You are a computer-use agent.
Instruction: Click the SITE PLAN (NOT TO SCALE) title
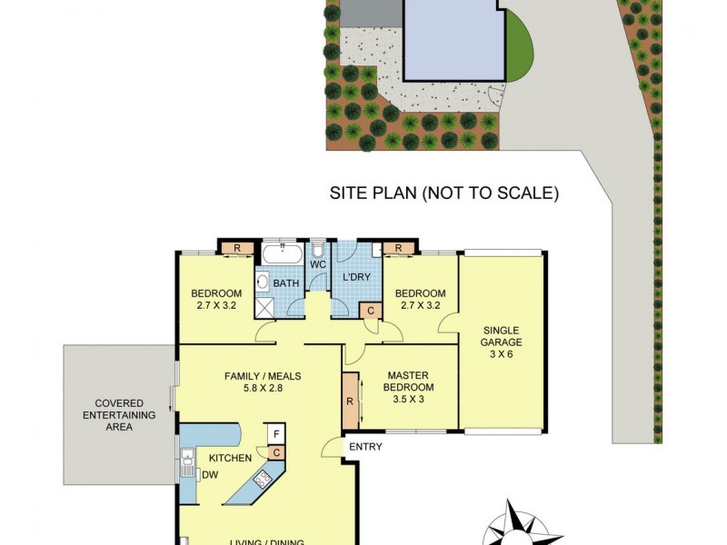443,193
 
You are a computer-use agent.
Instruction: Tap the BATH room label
287,284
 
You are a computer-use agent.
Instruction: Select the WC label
317,264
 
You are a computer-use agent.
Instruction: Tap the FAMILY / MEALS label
263,382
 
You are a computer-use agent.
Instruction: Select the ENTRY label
364,445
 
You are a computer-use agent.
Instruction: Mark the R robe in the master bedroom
350,400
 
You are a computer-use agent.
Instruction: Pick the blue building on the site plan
452,38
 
